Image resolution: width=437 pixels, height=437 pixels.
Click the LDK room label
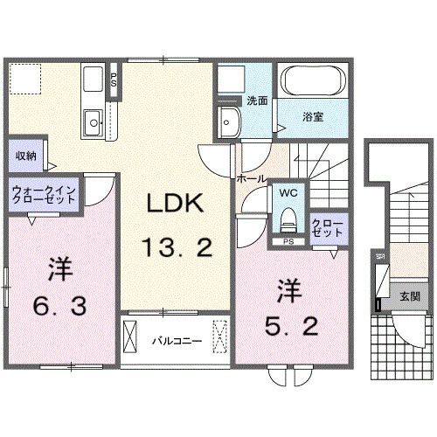pos(175,203)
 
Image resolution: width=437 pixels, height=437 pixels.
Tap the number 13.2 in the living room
pos(177,247)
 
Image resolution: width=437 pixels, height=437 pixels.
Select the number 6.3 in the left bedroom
pos(59,306)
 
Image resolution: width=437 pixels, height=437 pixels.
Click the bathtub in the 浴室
pos(313,80)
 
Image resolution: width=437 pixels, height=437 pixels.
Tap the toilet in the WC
pos(288,220)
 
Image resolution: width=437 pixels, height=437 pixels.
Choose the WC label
pos(288,193)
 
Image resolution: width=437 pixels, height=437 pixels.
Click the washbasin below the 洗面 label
pos(230,121)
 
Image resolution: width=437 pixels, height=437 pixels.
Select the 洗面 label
pos(257,101)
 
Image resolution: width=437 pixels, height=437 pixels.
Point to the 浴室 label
pos(313,117)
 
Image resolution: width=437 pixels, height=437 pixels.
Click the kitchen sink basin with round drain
pos(94,122)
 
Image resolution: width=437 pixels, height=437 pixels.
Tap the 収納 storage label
pos(26,156)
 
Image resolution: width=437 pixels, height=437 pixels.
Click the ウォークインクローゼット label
pos(44,195)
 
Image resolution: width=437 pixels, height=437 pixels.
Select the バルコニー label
pos(177,341)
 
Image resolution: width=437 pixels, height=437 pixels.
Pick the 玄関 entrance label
pos(410,296)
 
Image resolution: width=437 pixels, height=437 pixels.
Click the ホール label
pos(252,178)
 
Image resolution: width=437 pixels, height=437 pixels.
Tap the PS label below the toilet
pos(288,242)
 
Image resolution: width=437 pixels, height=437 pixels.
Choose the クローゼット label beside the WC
pos(328,228)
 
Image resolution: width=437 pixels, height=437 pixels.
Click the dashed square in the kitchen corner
pos(25,79)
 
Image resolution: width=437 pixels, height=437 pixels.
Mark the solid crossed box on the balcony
pos(129,336)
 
